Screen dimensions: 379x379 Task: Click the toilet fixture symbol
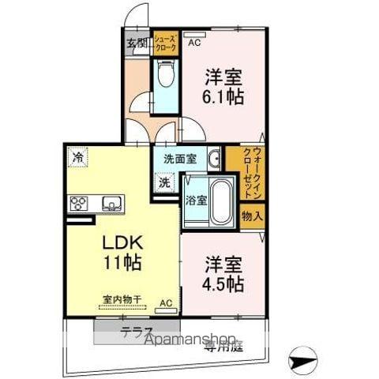point(165,77)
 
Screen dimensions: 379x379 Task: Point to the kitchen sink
point(110,205)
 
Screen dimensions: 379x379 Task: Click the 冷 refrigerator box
point(77,156)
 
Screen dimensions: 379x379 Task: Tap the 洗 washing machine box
point(164,182)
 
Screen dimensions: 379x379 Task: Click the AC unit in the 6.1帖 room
point(193,34)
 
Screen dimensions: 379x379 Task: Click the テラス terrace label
point(136,332)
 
